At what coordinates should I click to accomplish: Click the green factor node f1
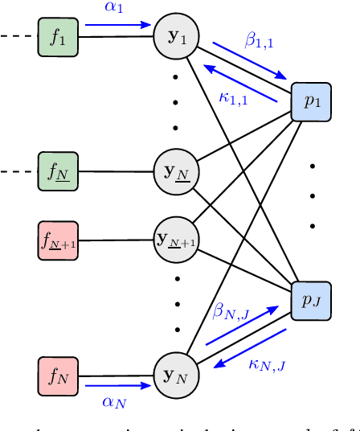(x=58, y=37)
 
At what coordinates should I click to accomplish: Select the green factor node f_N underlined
(x=58, y=171)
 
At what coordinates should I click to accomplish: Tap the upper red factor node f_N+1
(x=58, y=240)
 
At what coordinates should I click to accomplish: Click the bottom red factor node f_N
(x=58, y=376)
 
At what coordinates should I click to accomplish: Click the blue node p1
(x=311, y=101)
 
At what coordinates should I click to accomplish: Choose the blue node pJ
(x=311, y=300)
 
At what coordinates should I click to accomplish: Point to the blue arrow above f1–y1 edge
(x=117, y=25)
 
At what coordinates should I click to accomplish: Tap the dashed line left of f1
(x=18, y=37)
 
